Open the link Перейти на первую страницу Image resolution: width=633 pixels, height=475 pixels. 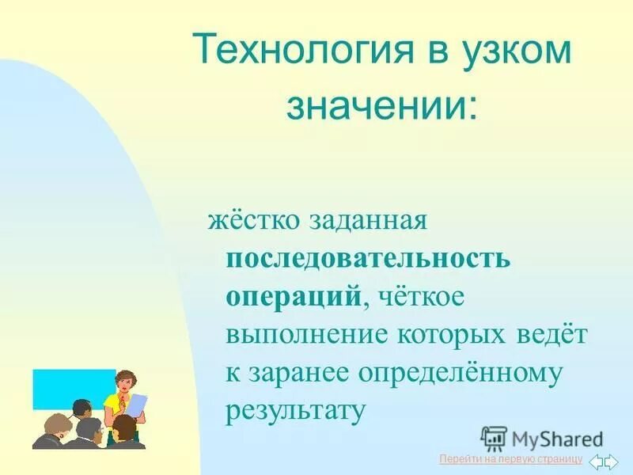[x=510, y=460]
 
